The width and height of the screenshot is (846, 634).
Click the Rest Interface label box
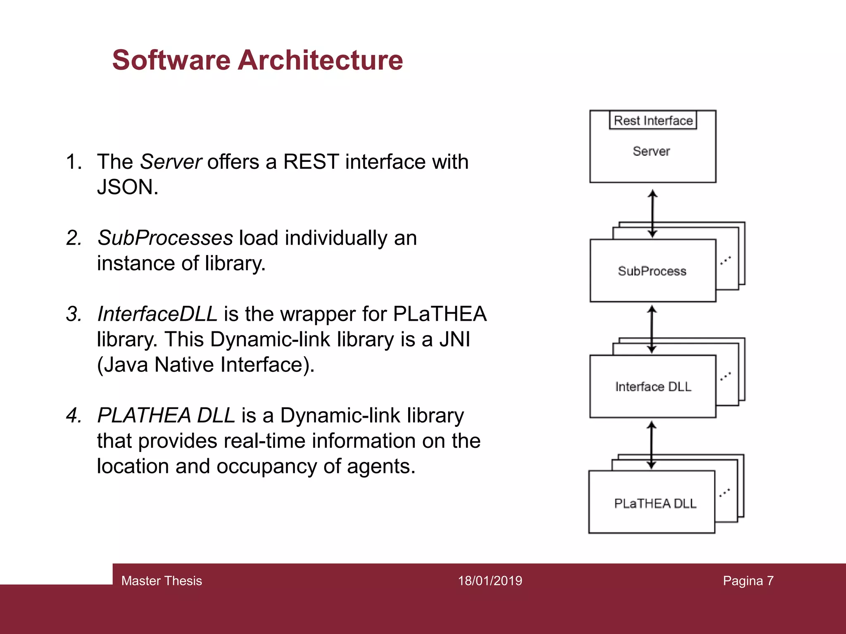click(x=653, y=121)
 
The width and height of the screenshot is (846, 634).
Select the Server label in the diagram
click(x=651, y=151)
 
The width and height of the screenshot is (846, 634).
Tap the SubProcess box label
click(x=652, y=271)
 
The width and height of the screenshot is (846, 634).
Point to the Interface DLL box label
click(x=653, y=387)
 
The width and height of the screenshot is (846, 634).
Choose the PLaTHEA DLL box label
click(x=655, y=504)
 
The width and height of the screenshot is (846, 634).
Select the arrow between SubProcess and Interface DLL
click(x=652, y=329)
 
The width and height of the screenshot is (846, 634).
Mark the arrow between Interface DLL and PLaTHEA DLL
click(x=651, y=445)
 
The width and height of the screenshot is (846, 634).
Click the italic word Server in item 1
click(x=171, y=161)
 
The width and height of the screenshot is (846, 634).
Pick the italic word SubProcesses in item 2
click(x=165, y=238)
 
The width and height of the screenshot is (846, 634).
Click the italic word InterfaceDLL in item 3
click(x=157, y=314)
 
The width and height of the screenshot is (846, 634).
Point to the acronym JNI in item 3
click(x=454, y=339)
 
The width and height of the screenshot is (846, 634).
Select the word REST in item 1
click(x=311, y=161)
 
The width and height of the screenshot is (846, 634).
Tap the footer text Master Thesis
click(x=162, y=581)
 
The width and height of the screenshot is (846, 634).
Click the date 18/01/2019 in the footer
click(x=490, y=581)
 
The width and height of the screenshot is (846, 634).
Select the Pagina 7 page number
click(x=748, y=581)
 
